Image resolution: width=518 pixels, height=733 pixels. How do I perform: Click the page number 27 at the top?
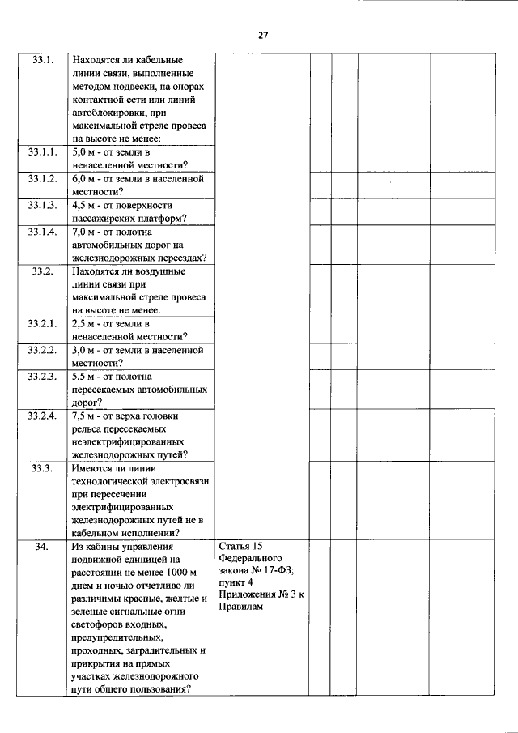pyautogui.click(x=263, y=35)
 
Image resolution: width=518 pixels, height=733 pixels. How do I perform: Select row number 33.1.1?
pyautogui.click(x=42, y=151)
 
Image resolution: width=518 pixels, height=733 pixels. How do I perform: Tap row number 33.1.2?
pyautogui.click(x=42, y=178)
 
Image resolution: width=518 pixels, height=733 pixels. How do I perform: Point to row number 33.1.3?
pyautogui.click(x=42, y=205)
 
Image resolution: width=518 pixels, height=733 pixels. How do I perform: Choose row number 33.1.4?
pyautogui.click(x=42, y=232)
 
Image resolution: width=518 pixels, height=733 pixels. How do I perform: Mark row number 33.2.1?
pyautogui.click(x=42, y=324)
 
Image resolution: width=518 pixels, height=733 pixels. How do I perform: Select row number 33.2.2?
pyautogui.click(x=42, y=351)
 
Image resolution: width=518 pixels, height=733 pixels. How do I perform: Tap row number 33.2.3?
pyautogui.click(x=42, y=377)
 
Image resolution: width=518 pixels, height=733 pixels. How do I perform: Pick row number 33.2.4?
pyautogui.click(x=42, y=416)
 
